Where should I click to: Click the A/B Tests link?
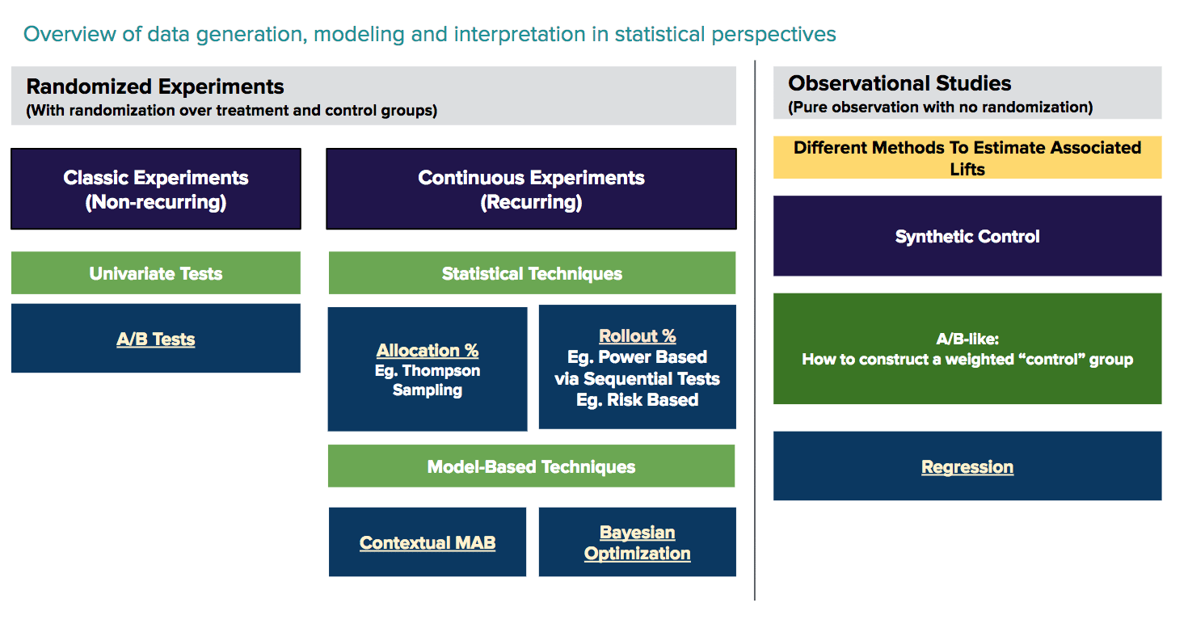click(155, 339)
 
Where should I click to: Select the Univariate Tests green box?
click(155, 273)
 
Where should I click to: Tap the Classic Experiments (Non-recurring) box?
click(155, 189)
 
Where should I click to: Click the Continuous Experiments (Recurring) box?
click(531, 189)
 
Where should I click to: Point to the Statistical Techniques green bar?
click(532, 273)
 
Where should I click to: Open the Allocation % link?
click(427, 351)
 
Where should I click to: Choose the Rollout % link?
click(637, 336)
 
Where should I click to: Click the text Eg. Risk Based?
click(637, 399)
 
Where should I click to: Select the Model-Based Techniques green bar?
click(531, 466)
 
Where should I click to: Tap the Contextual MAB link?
click(427, 542)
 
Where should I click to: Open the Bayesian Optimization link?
click(637, 542)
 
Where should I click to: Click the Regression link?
click(967, 467)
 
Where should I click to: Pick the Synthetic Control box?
click(967, 236)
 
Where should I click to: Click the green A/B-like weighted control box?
click(967, 349)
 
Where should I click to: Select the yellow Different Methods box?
click(967, 158)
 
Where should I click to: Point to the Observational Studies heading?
click(899, 83)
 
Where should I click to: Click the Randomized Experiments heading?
click(155, 86)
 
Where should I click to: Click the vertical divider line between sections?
click(755, 323)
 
